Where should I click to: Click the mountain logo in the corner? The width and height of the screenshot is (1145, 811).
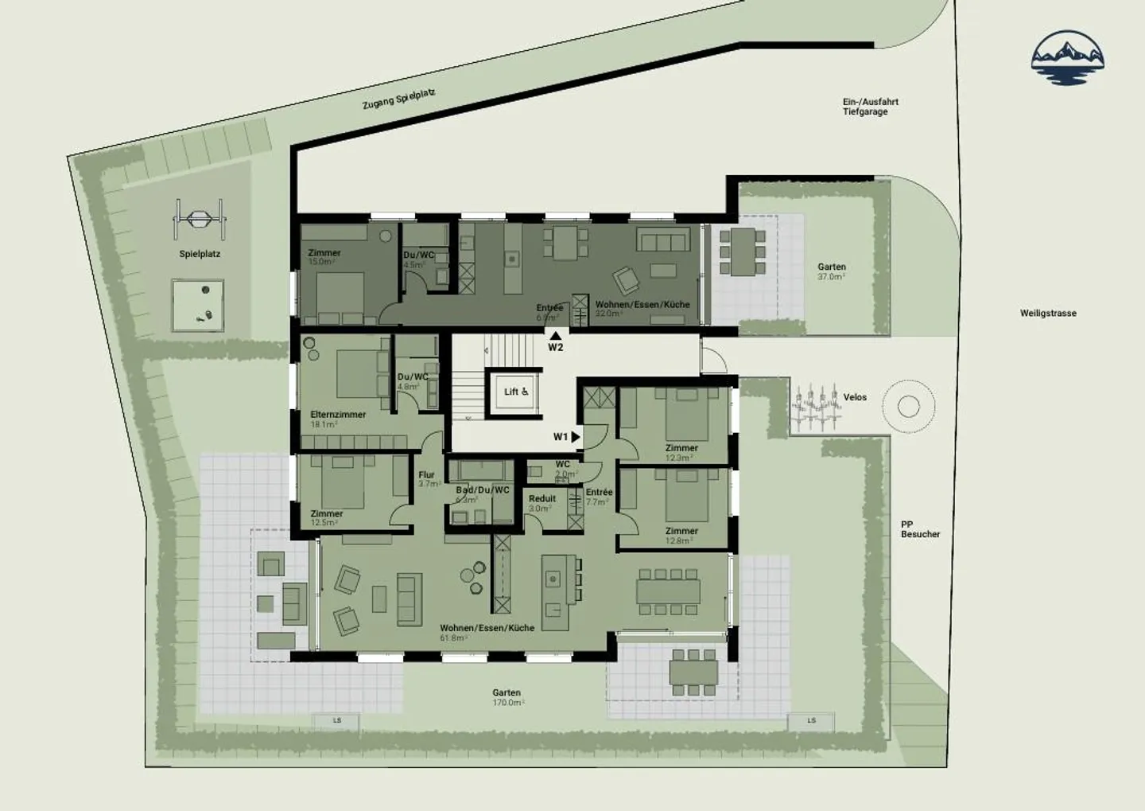point(1068,57)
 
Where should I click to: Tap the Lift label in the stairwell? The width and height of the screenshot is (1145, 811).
point(516,392)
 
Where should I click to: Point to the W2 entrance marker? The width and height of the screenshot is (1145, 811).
point(555,343)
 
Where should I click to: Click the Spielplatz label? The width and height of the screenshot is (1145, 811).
point(200,254)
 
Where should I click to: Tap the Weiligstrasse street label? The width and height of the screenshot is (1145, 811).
point(1048,314)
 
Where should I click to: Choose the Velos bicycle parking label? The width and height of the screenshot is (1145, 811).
point(855,397)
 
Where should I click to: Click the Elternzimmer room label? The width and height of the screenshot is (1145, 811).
point(338,415)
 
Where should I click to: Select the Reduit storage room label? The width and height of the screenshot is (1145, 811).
point(542,499)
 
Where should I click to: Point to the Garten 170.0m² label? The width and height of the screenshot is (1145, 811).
point(507,697)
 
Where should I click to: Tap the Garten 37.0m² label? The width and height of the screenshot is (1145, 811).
point(832,271)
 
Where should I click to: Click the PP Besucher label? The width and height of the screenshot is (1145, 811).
point(920,529)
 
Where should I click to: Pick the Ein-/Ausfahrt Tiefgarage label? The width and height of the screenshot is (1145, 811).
point(870,107)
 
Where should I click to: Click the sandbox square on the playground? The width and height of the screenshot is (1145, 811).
point(198,305)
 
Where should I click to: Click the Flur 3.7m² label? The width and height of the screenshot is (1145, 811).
point(429,479)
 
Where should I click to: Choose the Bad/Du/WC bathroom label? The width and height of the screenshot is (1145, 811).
point(482,490)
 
